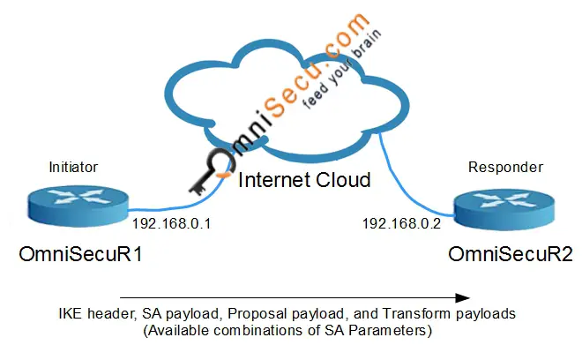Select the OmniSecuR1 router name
(81, 254)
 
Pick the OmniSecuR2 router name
(510, 254)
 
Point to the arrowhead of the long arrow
(462, 297)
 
